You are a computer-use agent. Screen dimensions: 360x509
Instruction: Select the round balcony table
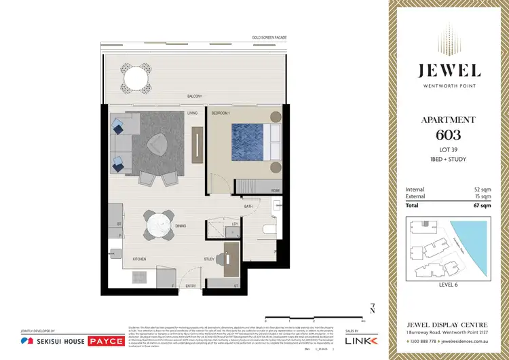(136, 77)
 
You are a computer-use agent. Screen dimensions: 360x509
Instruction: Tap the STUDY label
(210, 259)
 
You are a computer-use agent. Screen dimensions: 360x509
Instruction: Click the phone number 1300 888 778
(422, 341)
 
